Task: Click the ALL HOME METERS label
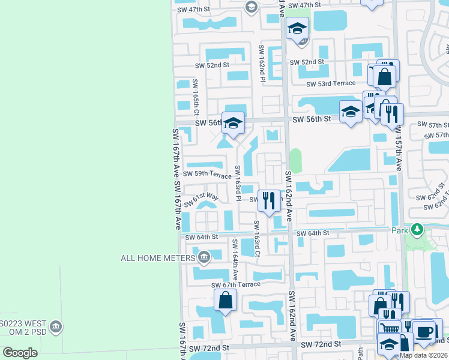coord(158,258)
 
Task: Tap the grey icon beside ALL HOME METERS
coord(203,258)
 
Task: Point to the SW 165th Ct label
coord(196,96)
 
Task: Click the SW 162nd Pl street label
coord(262,63)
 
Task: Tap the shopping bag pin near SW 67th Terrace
coord(224,300)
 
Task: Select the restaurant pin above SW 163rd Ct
coord(269,201)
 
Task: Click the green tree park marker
coord(415,230)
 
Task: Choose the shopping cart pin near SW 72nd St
coord(390,329)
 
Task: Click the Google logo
coord(20,352)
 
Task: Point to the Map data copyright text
coord(423,355)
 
